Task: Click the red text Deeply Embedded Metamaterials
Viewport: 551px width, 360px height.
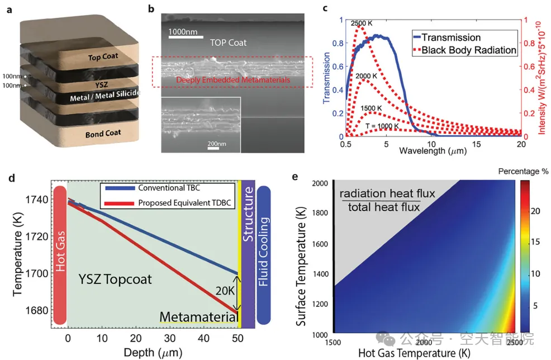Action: pos(232,80)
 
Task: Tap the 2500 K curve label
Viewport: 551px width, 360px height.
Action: pos(362,23)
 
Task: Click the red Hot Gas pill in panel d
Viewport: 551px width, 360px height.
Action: pos(58,254)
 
